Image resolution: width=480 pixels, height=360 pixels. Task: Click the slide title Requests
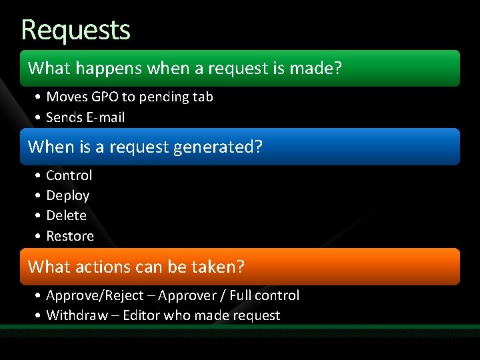click(75, 30)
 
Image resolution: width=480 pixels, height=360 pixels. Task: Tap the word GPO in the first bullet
click(105, 97)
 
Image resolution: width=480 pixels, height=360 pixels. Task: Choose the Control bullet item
click(69, 175)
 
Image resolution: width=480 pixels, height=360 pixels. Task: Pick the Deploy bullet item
click(67, 196)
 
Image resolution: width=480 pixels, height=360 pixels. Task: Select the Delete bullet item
click(66, 216)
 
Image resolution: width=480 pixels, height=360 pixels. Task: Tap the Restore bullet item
click(69, 236)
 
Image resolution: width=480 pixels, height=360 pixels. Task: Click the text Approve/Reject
click(95, 295)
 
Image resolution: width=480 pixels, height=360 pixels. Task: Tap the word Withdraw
click(77, 315)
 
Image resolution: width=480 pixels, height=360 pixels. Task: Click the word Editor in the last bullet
click(141, 315)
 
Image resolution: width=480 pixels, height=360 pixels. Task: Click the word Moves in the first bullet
click(67, 97)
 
